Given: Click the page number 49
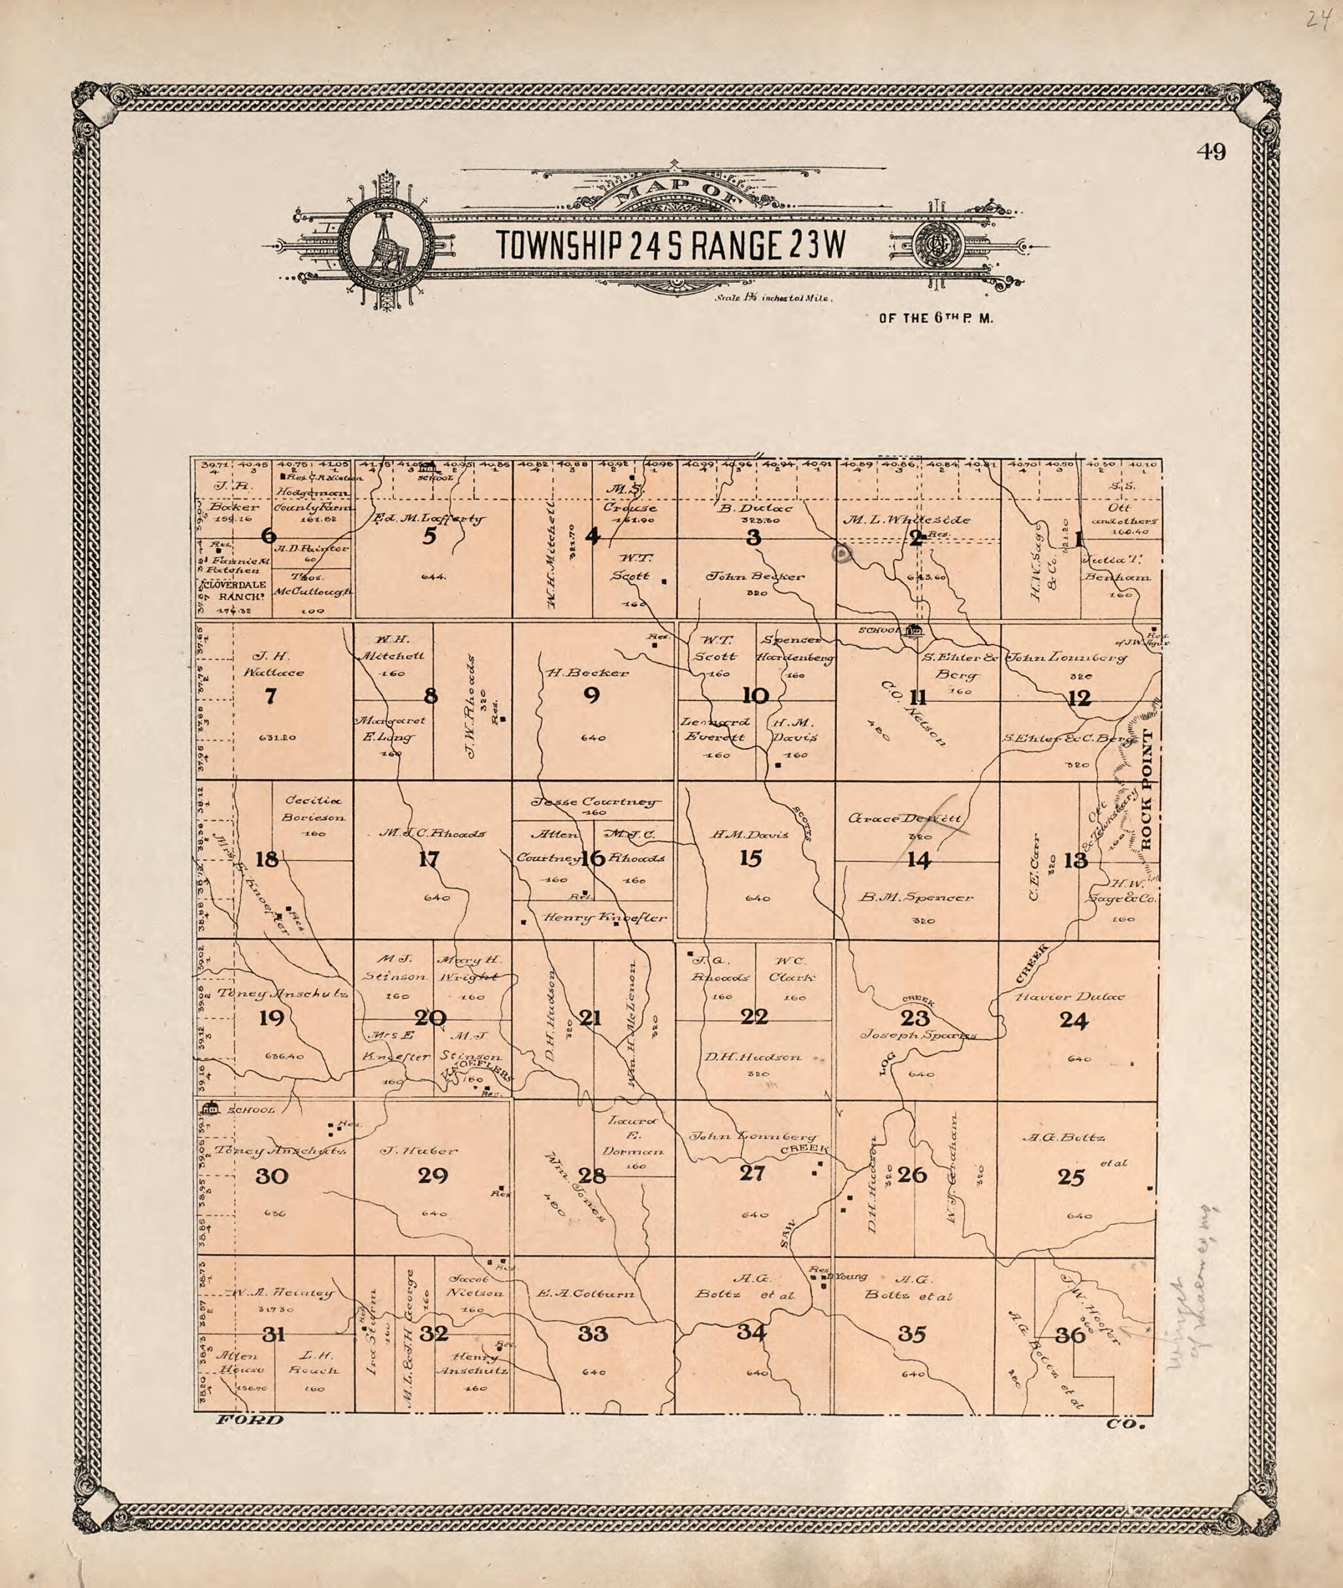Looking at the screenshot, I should (1210, 152).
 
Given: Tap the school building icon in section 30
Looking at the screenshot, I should (210, 1109).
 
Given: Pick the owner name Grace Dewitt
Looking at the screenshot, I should (905, 818).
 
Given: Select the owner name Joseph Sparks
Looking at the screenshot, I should (917, 1035).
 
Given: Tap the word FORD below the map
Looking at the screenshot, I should (250, 1419).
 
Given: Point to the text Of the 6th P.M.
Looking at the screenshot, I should (935, 319).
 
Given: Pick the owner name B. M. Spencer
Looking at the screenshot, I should (916, 898).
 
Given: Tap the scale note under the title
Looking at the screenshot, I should (773, 299).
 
